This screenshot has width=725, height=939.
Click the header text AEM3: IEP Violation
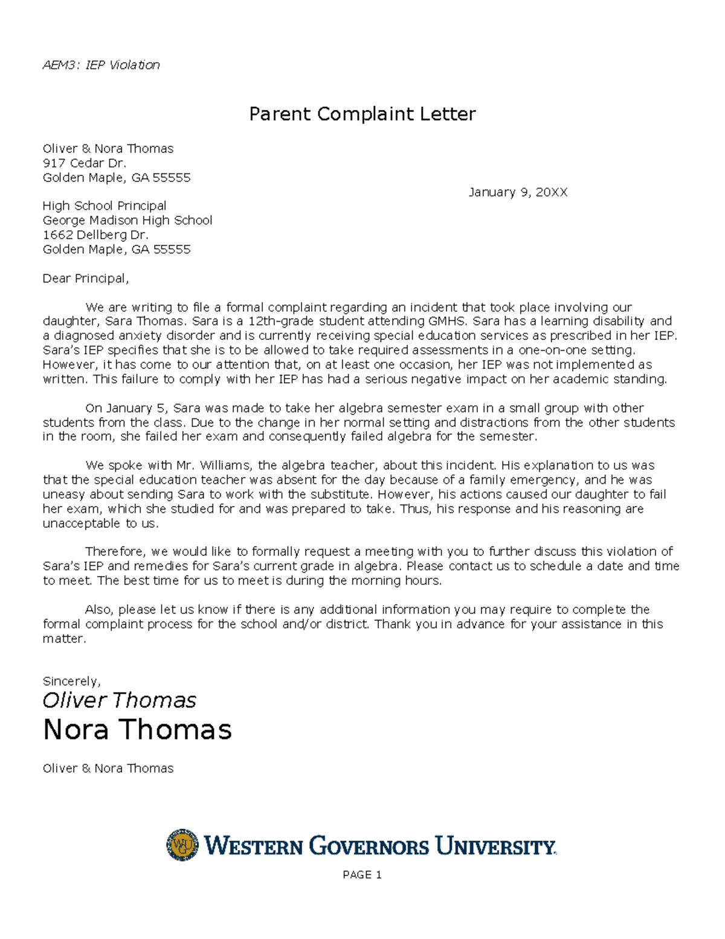[x=101, y=65]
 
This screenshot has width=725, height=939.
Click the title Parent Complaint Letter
[x=362, y=114]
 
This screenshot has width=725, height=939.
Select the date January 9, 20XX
[x=518, y=192]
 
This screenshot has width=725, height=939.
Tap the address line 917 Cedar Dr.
[x=84, y=163]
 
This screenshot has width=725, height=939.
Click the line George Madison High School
[x=127, y=220]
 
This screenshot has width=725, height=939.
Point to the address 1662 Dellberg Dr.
[x=95, y=235]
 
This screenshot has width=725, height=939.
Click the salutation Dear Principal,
[x=85, y=278]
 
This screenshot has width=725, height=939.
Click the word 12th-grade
[x=281, y=321]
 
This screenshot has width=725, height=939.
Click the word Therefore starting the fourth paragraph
[x=115, y=551]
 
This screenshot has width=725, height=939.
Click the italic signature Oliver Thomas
[x=119, y=700]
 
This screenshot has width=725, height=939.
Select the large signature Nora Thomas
[x=137, y=729]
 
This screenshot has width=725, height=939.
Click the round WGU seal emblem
[x=182, y=845]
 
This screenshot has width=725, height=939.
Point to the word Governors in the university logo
[x=369, y=846]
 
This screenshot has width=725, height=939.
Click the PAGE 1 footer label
[x=362, y=875]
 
